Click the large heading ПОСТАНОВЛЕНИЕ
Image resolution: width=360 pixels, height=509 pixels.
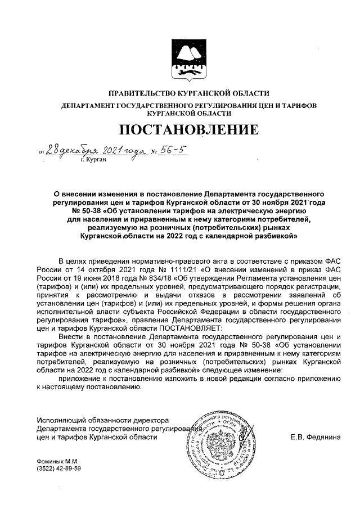(188, 129)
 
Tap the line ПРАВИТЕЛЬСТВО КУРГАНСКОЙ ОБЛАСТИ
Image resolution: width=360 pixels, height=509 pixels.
(188, 93)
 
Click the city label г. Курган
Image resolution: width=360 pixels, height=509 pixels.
(93, 159)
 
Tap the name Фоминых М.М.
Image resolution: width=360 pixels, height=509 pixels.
(54, 461)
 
